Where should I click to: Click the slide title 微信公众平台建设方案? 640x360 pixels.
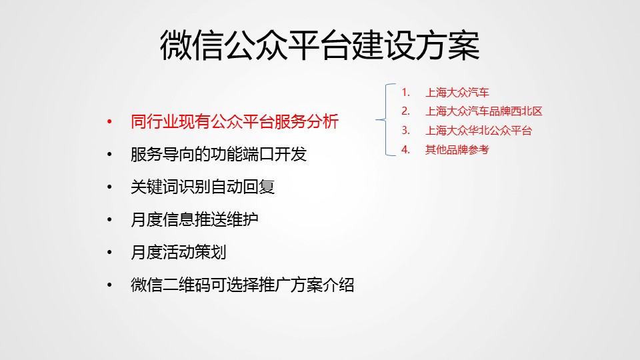click(319, 45)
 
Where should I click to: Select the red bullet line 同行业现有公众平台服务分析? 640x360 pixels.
click(235, 121)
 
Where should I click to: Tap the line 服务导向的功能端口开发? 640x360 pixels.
click(219, 154)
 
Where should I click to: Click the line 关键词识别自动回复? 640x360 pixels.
click(203, 187)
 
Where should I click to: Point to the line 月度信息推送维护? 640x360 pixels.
click(194, 219)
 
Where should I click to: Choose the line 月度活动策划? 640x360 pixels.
click(179, 252)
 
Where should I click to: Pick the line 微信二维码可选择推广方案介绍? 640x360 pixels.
click(243, 285)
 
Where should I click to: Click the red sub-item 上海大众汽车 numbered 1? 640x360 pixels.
click(457, 93)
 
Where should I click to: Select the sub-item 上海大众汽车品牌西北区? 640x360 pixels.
click(484, 111)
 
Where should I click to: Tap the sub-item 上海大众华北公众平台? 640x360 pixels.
click(479, 131)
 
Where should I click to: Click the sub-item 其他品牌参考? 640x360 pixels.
click(457, 150)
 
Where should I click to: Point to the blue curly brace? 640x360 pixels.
click(386, 119)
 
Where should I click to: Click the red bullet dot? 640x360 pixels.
click(109, 121)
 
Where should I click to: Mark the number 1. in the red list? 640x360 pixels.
click(405, 92)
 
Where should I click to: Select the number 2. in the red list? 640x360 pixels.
click(405, 111)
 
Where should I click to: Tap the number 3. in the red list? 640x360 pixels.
click(405, 130)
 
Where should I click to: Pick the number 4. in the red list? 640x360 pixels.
click(405, 149)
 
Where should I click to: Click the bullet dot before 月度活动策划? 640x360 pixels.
click(109, 252)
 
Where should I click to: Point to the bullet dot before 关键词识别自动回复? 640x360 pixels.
click(109, 187)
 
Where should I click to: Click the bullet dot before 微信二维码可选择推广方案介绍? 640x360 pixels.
click(109, 285)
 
